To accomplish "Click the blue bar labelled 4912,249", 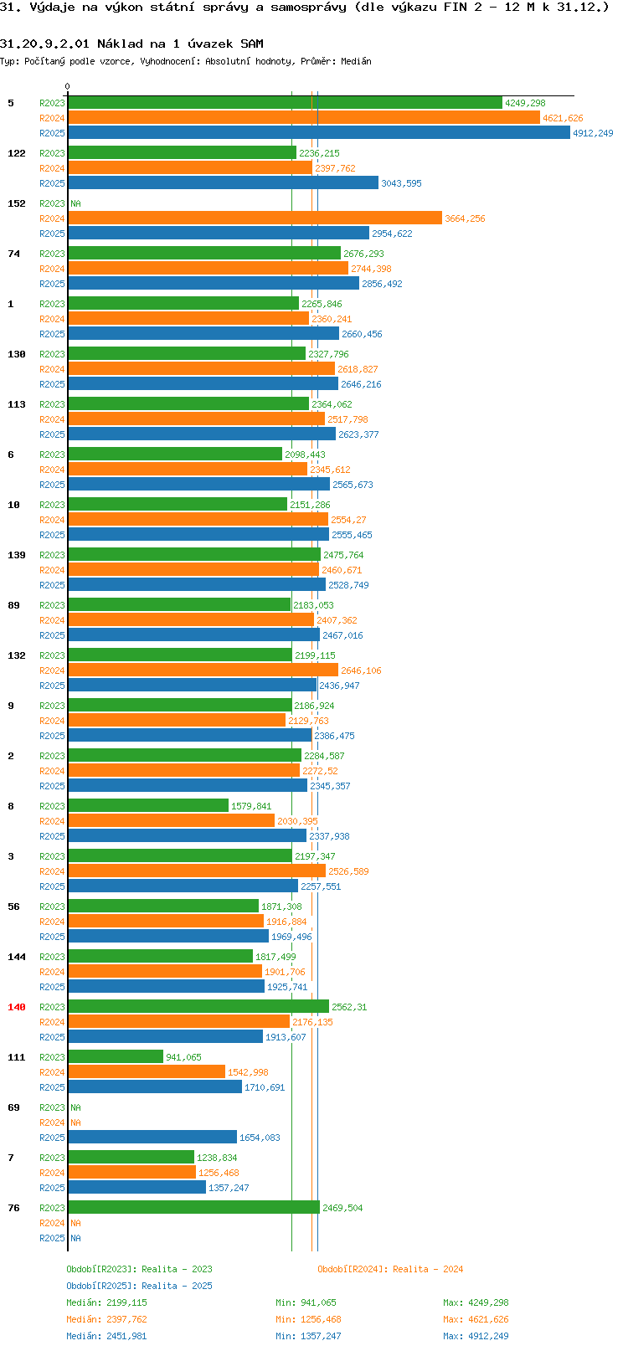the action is pyautogui.click(x=318, y=133).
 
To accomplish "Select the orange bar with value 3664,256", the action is pyautogui.click(x=255, y=218).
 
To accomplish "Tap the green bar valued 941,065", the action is pyautogui.click(x=116, y=1056).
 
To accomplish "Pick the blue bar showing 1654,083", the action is pyautogui.click(x=152, y=1137).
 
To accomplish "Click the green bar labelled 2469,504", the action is pyautogui.click(x=193, y=1208).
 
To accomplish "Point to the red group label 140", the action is pyautogui.click(x=16, y=1007).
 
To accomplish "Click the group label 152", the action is pyautogui.click(x=16, y=203).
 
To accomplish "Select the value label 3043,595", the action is pyautogui.click(x=401, y=183).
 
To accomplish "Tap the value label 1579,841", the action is pyautogui.click(x=251, y=806).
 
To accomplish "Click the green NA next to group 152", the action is pyautogui.click(x=75, y=203).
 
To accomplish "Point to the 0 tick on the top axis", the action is pyautogui.click(x=67, y=86).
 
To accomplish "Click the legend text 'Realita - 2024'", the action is pyautogui.click(x=428, y=1269).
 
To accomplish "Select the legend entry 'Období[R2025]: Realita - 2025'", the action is pyautogui.click(x=139, y=1286).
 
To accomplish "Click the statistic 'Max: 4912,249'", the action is pyautogui.click(x=476, y=1336).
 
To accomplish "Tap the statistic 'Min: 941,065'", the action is pyautogui.click(x=306, y=1302).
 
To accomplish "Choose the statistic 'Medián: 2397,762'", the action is pyautogui.click(x=107, y=1320).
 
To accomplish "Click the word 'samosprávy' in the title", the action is pyautogui.click(x=308, y=8).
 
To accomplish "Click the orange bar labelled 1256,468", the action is pyautogui.click(x=132, y=1172).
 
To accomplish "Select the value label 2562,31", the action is pyautogui.click(x=349, y=1007).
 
